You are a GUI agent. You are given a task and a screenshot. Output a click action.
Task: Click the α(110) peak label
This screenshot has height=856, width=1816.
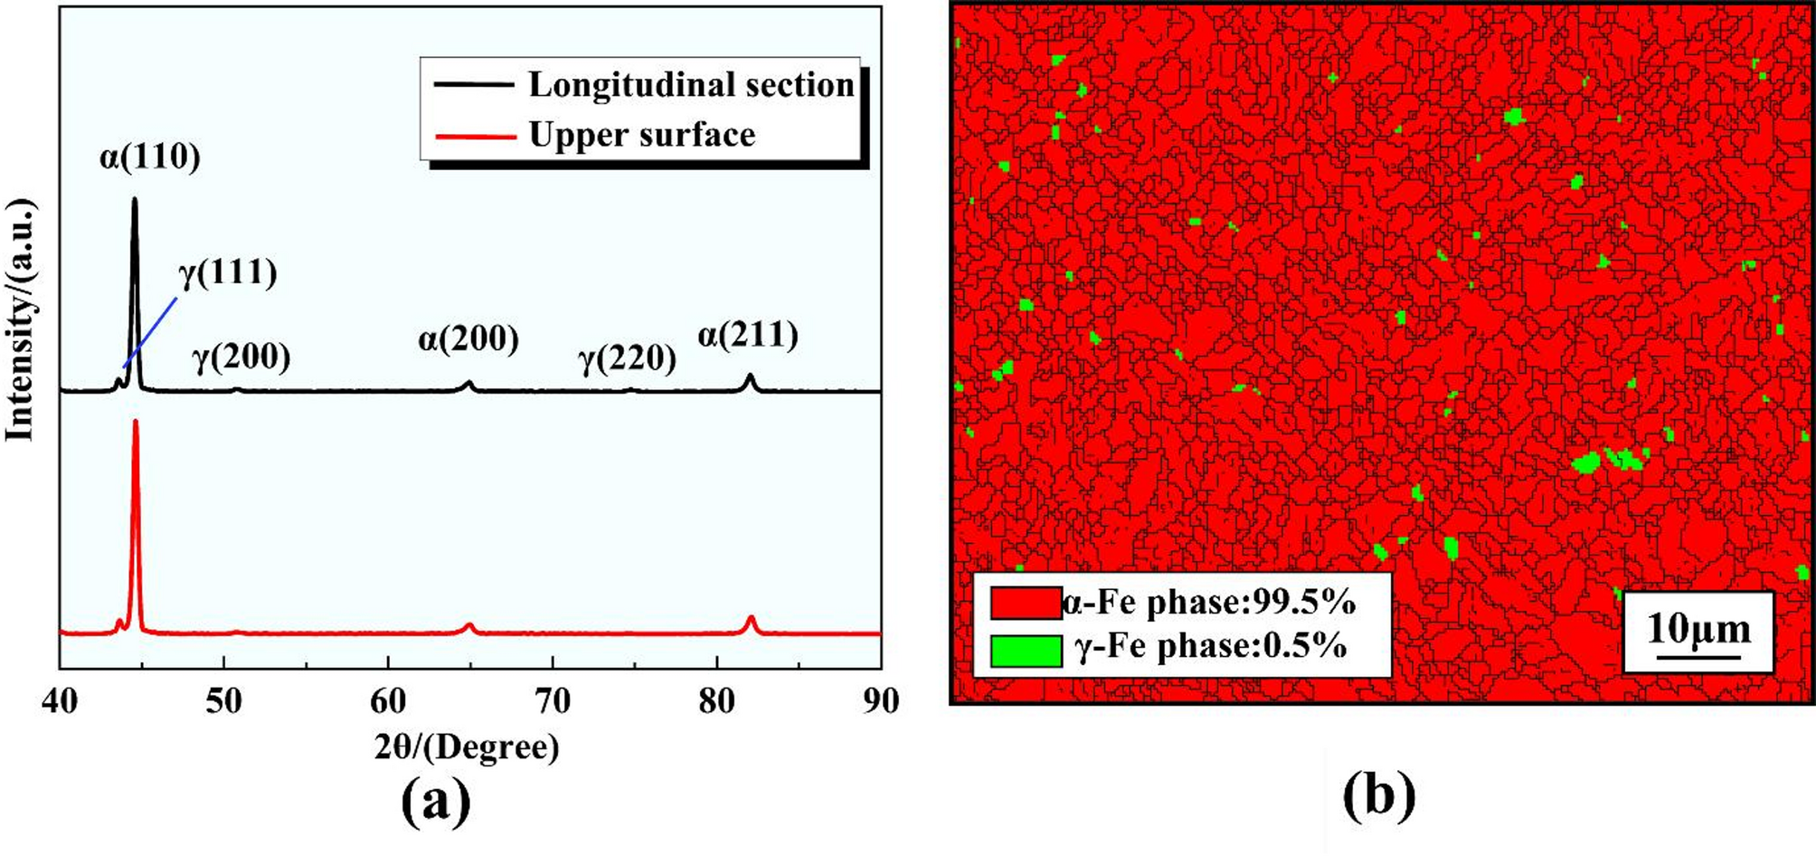(x=150, y=157)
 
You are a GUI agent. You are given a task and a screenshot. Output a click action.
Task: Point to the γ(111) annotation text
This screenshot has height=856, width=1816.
(x=228, y=271)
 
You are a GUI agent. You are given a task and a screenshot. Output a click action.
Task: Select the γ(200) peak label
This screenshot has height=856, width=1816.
(x=241, y=357)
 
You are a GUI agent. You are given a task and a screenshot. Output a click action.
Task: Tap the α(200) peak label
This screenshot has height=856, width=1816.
(x=468, y=338)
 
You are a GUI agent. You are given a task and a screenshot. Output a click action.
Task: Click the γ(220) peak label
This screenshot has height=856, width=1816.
(x=628, y=358)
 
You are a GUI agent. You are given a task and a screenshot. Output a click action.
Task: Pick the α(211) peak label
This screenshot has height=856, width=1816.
(x=748, y=336)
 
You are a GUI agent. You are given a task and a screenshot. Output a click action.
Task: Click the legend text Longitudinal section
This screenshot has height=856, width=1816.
(x=691, y=85)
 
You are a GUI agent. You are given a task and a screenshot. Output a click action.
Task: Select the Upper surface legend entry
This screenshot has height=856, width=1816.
(x=641, y=135)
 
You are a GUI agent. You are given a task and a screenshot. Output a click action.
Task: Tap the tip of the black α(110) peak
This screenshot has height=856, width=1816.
(x=135, y=200)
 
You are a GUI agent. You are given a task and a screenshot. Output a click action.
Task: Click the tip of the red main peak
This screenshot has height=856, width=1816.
(x=136, y=422)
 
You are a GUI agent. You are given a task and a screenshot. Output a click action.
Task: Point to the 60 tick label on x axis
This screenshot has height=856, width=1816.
(x=389, y=701)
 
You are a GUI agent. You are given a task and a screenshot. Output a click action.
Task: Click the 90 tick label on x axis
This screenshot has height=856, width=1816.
(x=880, y=701)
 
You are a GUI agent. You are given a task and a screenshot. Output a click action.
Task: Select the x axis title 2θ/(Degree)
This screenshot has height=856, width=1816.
(x=467, y=747)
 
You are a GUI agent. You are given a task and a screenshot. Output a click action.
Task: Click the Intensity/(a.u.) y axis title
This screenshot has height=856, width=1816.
(x=20, y=320)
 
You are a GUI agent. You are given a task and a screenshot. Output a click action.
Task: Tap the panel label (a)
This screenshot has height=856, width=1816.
(x=436, y=801)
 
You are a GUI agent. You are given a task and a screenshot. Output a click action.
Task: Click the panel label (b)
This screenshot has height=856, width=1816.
(x=1379, y=796)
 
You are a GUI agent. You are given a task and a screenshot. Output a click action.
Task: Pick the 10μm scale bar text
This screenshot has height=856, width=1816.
(x=1698, y=629)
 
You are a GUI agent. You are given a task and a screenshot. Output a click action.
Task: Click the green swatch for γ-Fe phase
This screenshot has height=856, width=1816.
(x=1026, y=651)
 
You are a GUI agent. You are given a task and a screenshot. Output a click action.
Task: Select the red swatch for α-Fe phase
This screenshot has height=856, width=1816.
(x=1026, y=603)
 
